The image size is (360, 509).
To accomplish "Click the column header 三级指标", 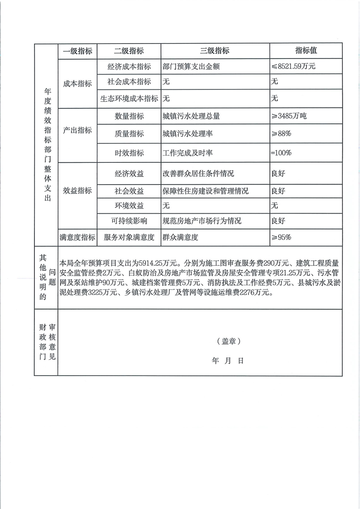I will [215, 51].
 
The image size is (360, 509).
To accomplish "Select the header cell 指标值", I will [306, 51].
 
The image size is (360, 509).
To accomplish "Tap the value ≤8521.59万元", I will [293, 66].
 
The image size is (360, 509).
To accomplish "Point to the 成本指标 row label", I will [77, 83].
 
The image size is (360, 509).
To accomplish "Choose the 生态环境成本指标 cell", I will [129, 98].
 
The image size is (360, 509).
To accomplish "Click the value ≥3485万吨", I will [289, 116].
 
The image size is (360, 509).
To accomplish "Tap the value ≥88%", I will [281, 134].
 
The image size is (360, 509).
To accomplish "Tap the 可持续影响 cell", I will [129, 221].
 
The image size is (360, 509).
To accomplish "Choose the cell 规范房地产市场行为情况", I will [202, 221].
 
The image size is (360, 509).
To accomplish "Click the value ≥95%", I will [281, 237].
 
